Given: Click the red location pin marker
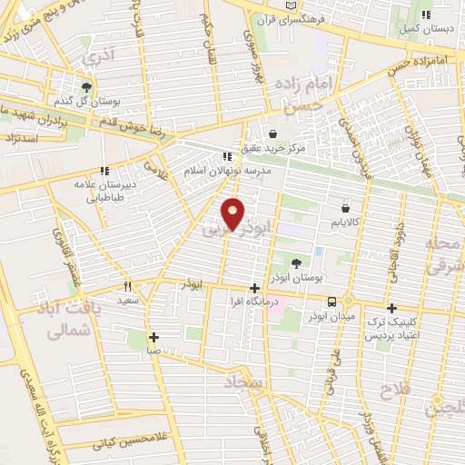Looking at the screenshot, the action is [x=233, y=213].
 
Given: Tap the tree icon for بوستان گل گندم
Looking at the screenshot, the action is [x=86, y=88].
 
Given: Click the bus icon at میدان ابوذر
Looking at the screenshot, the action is [x=332, y=302].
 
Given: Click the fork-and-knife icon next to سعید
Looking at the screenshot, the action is [x=128, y=285].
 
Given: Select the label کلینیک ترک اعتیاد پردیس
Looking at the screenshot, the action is [x=391, y=329].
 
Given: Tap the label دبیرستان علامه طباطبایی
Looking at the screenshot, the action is [x=104, y=188].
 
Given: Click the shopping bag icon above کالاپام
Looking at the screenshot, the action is [x=344, y=208].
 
